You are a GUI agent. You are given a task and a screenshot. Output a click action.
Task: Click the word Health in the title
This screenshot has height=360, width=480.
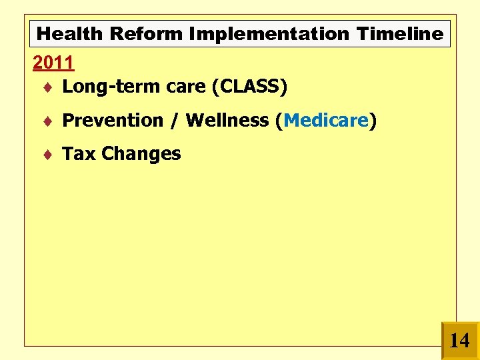coord(69,33)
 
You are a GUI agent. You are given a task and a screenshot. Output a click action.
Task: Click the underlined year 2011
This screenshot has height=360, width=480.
coord(53,63)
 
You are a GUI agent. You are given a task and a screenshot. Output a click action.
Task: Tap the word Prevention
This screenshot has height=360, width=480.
coord(113,120)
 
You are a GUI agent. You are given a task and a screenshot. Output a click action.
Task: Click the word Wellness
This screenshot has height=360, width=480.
coord(227,120)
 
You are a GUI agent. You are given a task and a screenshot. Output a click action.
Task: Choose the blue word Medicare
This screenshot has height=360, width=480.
coord(326,120)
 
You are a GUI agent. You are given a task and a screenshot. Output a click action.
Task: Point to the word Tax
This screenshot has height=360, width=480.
coord(79,153)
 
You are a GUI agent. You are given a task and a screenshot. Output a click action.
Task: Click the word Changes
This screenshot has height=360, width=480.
coord(141,153)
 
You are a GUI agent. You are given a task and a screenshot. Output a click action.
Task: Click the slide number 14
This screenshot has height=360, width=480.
coord(459,341)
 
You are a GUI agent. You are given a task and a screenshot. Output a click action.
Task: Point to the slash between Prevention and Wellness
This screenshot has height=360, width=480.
coord(175,121)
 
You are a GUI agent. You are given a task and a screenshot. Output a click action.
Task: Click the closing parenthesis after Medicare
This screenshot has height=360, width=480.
coord(373,121)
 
